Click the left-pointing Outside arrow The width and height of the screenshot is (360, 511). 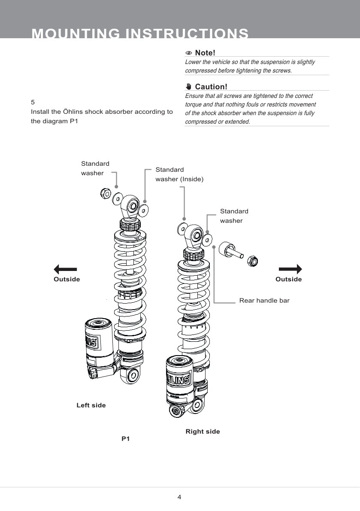click(x=65, y=269)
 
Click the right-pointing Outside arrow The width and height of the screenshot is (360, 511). click(x=290, y=269)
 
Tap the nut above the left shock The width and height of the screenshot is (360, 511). click(x=105, y=194)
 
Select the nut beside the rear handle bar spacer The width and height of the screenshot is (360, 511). click(x=252, y=260)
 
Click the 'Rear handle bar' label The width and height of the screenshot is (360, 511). click(x=264, y=301)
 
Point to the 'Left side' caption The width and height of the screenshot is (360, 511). click(x=91, y=405)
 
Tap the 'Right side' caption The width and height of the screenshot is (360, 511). click(x=203, y=432)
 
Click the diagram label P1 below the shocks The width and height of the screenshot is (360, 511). click(x=125, y=439)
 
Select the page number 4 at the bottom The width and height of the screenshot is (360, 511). click(x=179, y=497)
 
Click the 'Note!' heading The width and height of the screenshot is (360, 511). click(x=205, y=53)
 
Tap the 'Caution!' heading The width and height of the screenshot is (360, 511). click(x=211, y=87)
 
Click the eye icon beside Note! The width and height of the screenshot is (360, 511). click(x=188, y=53)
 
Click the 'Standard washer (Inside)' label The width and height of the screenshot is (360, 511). click(x=179, y=174)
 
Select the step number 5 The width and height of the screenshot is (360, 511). click(x=33, y=102)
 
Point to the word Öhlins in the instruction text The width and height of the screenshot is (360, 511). click(x=73, y=112)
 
